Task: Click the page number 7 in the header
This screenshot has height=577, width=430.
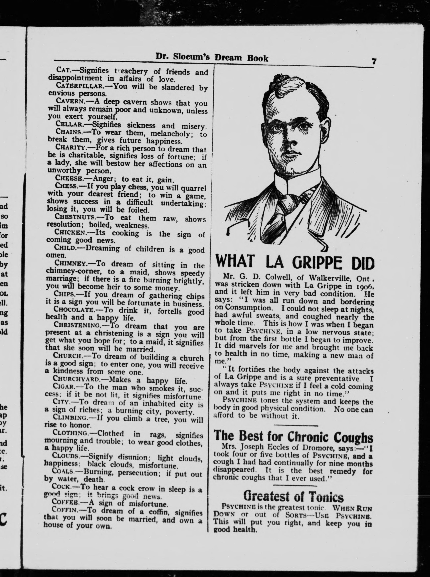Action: pyautogui.click(x=374, y=62)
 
